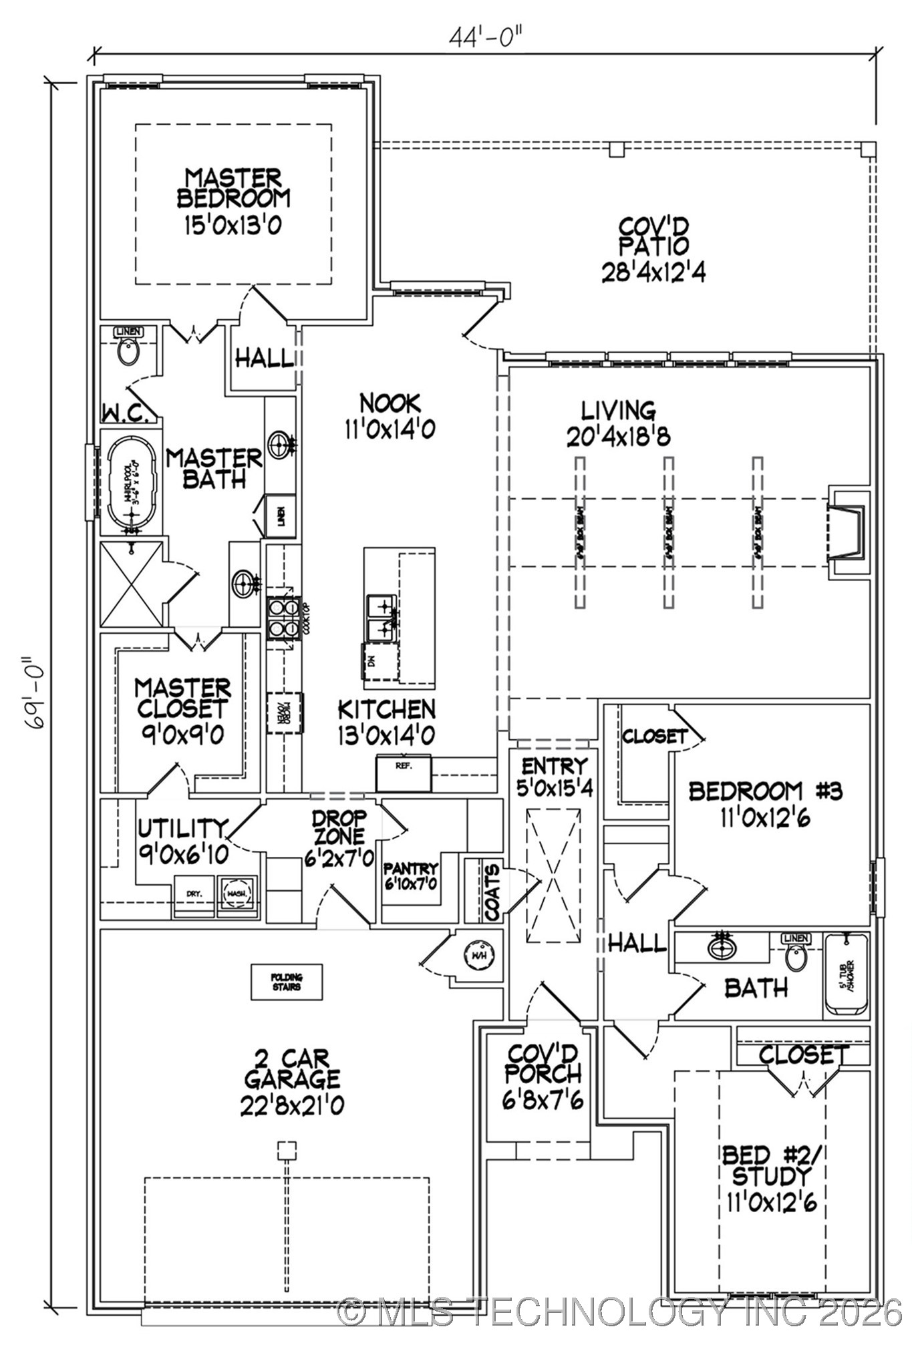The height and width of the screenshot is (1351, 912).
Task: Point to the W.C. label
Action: [x=126, y=414]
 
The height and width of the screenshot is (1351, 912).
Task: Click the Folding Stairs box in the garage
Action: [x=286, y=982]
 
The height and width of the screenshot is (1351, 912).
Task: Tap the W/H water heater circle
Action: [x=479, y=955]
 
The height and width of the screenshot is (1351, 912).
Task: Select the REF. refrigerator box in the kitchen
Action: [x=403, y=773]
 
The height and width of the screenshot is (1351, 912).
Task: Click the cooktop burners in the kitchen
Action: [x=283, y=618]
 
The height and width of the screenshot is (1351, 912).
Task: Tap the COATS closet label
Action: [x=492, y=891]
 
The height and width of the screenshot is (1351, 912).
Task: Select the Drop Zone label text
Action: [x=340, y=827]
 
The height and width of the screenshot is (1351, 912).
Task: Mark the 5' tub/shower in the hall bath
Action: [x=847, y=975]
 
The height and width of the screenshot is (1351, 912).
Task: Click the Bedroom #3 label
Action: [x=765, y=791]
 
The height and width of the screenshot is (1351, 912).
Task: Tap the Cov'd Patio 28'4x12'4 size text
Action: [x=653, y=272]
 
